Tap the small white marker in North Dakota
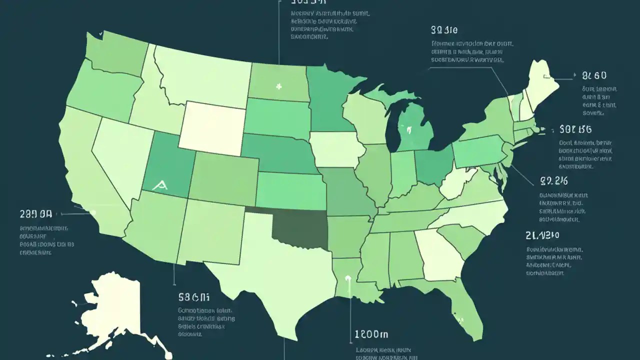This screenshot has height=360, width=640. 279,86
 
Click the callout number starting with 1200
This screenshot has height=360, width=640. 371,334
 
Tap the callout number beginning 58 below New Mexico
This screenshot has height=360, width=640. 193,297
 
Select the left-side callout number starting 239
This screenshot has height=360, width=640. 35,214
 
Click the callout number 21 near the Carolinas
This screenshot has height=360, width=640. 542,235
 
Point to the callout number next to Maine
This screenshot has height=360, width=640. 594,76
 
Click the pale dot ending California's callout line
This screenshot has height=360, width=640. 92,212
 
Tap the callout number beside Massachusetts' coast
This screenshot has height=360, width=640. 575,129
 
